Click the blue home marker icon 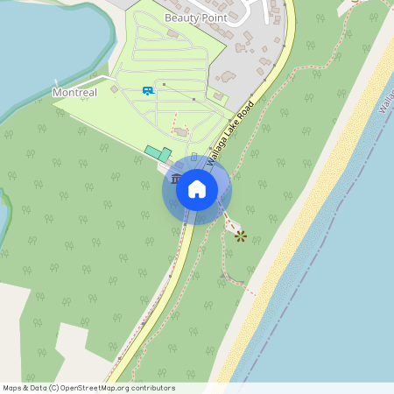(x=196, y=188)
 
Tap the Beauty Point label (x=195, y=18)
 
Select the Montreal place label (x=74, y=92)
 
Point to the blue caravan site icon (x=148, y=89)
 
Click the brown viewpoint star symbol (x=240, y=234)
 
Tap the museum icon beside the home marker (x=176, y=179)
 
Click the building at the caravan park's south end (x=181, y=132)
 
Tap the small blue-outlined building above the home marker (x=194, y=157)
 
